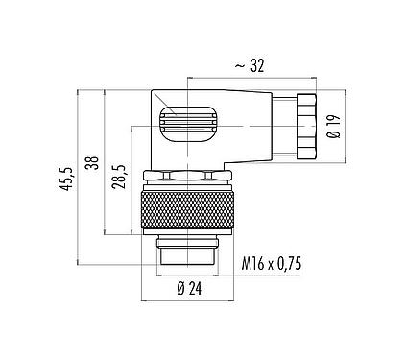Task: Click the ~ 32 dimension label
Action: coord(251,65)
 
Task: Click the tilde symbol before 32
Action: coord(238,65)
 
